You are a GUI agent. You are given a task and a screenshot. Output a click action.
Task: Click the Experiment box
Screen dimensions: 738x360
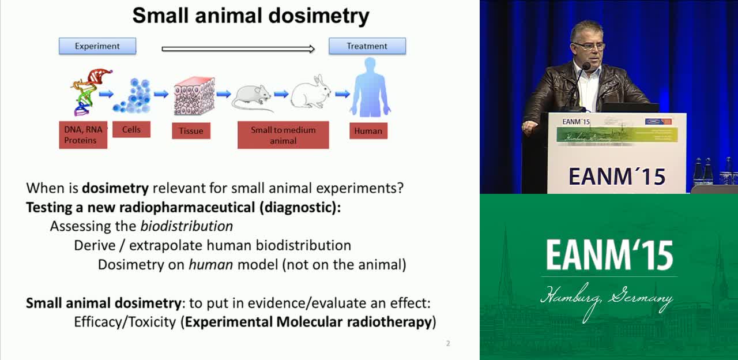[x=97, y=46]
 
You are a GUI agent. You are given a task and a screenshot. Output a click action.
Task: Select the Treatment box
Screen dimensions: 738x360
[x=367, y=46]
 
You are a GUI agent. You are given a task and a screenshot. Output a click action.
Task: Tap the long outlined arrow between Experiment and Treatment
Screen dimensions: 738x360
[x=238, y=49]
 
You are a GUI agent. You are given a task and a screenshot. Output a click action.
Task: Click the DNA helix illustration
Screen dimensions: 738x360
[x=89, y=92]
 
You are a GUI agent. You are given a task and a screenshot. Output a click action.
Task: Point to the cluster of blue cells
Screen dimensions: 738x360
[x=132, y=96]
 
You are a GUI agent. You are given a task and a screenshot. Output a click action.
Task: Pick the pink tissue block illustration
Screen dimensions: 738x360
[x=194, y=96]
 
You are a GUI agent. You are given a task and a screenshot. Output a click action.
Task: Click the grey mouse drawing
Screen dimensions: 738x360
[x=251, y=98]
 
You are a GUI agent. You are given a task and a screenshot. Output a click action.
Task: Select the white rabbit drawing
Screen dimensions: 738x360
[x=311, y=92]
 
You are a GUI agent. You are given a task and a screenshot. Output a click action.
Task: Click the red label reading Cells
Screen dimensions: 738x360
[x=131, y=129]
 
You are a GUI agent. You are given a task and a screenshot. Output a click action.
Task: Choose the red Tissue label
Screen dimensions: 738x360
[x=191, y=131]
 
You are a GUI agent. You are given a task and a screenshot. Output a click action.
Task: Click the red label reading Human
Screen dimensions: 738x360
[x=368, y=131]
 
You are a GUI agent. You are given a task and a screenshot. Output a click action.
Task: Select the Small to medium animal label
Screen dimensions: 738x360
[x=283, y=135]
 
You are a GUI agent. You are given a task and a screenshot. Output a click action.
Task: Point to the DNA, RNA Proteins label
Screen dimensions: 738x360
[x=83, y=135]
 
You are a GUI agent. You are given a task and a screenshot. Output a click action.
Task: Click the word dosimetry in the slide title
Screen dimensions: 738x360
[x=319, y=16]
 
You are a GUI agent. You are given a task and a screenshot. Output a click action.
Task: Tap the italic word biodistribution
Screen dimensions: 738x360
[x=187, y=226]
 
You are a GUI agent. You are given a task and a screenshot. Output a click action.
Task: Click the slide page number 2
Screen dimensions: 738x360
[x=448, y=343]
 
